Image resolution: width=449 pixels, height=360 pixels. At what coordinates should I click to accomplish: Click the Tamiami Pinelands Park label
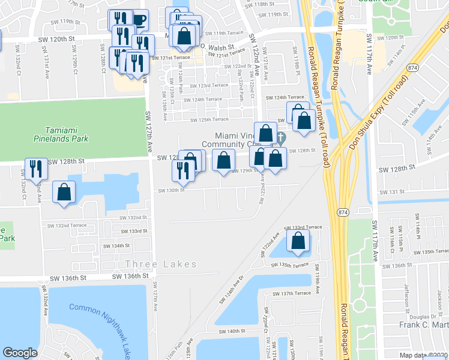tap(66, 134)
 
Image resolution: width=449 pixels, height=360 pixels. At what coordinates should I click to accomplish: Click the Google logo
tap(20, 353)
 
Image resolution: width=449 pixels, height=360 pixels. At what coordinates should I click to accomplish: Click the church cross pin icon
tap(280, 139)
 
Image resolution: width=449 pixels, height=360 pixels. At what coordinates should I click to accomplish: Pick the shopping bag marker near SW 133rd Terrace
tap(298, 241)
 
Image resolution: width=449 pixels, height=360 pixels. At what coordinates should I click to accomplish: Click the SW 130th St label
tap(170, 191)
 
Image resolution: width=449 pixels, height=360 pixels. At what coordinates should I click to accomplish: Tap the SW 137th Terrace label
tap(292, 293)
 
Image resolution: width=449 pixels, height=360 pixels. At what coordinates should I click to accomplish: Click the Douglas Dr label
tap(421, 317)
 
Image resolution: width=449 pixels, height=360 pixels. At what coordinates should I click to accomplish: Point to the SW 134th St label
tap(116, 246)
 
